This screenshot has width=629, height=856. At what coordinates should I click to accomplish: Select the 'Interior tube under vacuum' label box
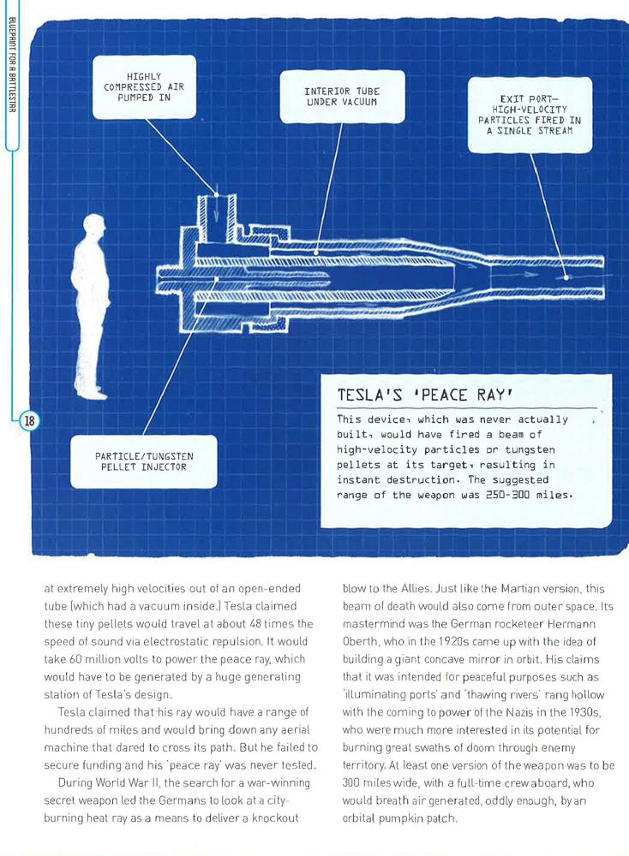(342, 97)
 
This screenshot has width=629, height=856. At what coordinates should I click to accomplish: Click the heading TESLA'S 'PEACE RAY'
(424, 396)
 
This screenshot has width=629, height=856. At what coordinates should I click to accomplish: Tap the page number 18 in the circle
(29, 420)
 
